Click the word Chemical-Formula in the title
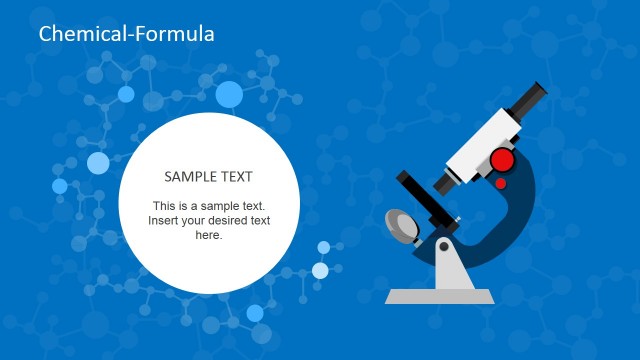(x=126, y=34)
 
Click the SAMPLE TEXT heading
(x=208, y=177)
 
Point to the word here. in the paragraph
(x=208, y=235)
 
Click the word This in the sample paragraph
(x=166, y=205)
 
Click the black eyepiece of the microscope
(x=530, y=100)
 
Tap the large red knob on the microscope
(x=503, y=160)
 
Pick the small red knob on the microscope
(x=500, y=183)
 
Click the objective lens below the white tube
(x=447, y=183)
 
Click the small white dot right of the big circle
(x=320, y=270)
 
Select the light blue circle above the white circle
(x=229, y=95)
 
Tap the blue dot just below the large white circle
(x=255, y=313)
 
